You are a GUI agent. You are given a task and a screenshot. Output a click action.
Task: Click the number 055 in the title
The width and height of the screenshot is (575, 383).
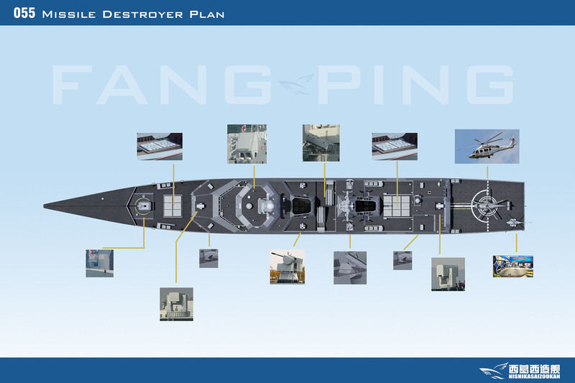(x=24, y=13)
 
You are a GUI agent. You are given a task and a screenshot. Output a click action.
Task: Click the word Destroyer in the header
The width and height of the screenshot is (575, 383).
(x=142, y=14)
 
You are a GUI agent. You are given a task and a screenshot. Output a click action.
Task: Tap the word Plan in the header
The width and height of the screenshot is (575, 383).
(x=207, y=14)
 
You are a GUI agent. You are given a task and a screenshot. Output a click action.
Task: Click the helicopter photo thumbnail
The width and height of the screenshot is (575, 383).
(x=487, y=147)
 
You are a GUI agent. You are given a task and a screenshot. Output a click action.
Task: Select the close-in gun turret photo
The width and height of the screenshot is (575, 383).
(x=287, y=267)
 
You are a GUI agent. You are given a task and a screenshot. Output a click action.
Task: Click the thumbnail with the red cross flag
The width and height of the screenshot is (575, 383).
(x=247, y=144)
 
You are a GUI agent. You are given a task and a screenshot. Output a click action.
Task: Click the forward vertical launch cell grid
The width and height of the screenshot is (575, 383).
(x=172, y=206)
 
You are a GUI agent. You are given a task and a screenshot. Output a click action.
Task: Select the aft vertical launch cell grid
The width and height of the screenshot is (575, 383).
(x=397, y=206)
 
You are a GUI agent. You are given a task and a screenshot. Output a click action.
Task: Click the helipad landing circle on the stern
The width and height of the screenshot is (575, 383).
(x=486, y=206)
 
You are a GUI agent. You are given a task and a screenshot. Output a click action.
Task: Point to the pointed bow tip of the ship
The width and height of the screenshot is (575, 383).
(x=44, y=206)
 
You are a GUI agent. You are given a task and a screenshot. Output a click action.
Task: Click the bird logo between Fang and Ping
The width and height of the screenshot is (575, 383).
(x=297, y=84)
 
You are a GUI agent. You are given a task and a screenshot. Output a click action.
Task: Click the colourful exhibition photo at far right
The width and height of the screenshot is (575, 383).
(x=513, y=267)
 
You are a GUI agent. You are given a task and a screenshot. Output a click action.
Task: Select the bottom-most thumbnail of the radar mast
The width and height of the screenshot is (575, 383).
(x=176, y=304)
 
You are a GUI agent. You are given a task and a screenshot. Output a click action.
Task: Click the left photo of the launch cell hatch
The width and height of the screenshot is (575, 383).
(x=160, y=147)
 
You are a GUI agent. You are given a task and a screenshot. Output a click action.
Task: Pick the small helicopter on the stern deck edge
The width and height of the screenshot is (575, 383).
(x=515, y=222)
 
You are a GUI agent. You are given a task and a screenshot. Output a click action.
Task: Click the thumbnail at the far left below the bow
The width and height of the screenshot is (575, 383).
(x=99, y=264)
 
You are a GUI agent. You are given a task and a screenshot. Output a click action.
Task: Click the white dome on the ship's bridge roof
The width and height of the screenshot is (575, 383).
(x=249, y=206)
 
